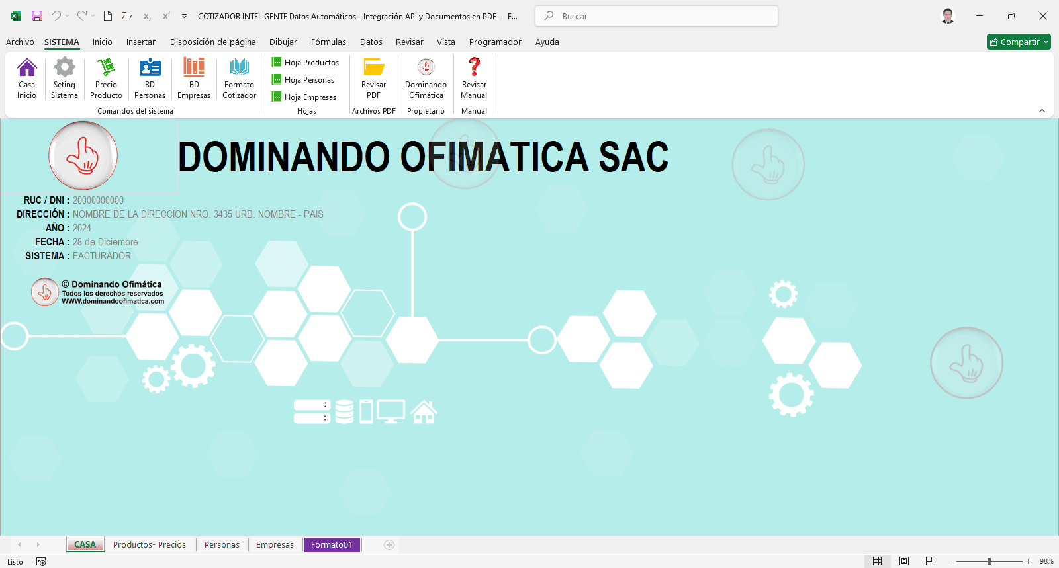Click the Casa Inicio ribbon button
tap(26, 78)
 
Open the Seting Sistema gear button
tap(64, 78)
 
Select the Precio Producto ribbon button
tap(106, 78)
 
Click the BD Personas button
tap(150, 78)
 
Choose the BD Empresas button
tap(194, 78)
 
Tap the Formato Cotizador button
tap(239, 78)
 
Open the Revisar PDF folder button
tap(373, 78)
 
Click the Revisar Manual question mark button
tap(474, 78)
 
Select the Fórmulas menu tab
tap(328, 42)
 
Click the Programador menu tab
tap(495, 42)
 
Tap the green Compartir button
tap(1018, 42)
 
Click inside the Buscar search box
tap(662, 16)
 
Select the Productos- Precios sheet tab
tap(150, 545)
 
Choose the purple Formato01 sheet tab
tap(332, 545)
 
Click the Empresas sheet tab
tap(275, 545)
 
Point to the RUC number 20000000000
tap(98, 200)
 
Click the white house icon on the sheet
tap(424, 412)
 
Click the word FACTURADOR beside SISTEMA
tap(102, 256)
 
